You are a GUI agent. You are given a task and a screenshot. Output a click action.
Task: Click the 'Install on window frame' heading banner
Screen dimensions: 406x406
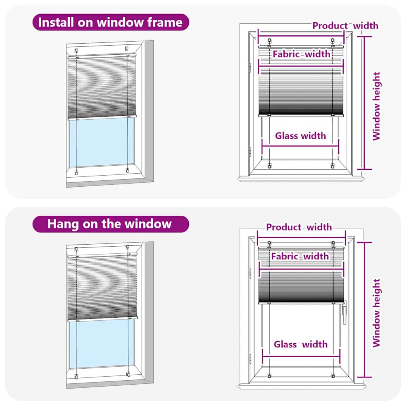pyautogui.click(x=110, y=22)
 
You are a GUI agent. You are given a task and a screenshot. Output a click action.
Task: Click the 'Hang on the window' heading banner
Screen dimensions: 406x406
pyautogui.click(x=110, y=224)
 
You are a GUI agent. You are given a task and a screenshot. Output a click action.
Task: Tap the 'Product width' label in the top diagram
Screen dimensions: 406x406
pyautogui.click(x=345, y=26)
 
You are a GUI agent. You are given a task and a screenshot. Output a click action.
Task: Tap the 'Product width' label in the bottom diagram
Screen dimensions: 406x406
pyautogui.click(x=299, y=227)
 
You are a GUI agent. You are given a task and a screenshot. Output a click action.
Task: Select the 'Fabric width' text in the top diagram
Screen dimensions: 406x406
pyautogui.click(x=301, y=54)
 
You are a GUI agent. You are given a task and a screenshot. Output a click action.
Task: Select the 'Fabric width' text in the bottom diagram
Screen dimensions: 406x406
pyautogui.click(x=300, y=257)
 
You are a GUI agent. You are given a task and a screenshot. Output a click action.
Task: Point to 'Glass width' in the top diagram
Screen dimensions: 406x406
pyautogui.click(x=301, y=136)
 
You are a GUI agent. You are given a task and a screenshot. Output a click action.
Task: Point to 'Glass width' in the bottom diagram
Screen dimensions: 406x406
pyautogui.click(x=301, y=344)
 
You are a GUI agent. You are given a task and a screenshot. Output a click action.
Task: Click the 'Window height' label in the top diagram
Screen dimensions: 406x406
pyautogui.click(x=376, y=106)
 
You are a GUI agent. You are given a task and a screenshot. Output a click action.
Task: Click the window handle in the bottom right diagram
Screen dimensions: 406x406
pyautogui.click(x=344, y=311)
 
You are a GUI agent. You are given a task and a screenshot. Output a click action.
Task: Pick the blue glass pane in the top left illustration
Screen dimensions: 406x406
pyautogui.click(x=102, y=143)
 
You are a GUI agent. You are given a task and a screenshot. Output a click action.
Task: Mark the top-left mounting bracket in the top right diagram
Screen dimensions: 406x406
pyautogui.click(x=270, y=41)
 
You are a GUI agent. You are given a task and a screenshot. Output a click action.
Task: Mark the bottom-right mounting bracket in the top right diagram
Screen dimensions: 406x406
pyautogui.click(x=333, y=165)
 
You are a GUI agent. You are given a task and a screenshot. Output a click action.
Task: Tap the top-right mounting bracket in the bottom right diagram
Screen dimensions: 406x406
pyautogui.click(x=333, y=243)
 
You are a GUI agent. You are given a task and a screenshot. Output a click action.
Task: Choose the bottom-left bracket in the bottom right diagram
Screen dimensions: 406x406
pyautogui.click(x=269, y=375)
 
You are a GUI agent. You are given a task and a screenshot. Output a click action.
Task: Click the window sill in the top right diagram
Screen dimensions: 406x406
pyautogui.click(x=301, y=179)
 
